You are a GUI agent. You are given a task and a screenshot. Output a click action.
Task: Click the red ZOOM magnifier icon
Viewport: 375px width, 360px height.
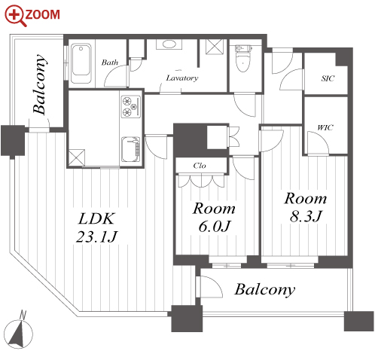pyautogui.click(x=16, y=16)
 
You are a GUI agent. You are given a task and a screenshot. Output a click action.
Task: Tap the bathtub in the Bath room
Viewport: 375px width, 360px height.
pyautogui.click(x=81, y=64)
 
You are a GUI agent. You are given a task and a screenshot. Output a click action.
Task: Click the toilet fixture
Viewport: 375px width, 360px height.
pyautogui.click(x=242, y=59)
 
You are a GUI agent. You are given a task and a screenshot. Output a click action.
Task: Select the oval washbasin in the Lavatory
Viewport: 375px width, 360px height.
pyautogui.click(x=169, y=44)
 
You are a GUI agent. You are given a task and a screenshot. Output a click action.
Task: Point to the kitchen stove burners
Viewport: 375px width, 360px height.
pyautogui.click(x=131, y=106)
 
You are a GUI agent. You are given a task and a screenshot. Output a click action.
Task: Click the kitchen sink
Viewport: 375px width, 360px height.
pyautogui.click(x=130, y=149)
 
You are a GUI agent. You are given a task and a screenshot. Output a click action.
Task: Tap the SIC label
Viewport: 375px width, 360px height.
pyautogui.click(x=328, y=78)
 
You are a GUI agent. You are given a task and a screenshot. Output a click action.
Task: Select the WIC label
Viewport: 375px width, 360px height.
pyautogui.click(x=325, y=127)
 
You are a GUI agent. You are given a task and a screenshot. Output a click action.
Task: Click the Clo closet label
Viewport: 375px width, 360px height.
pyautogui.click(x=200, y=166)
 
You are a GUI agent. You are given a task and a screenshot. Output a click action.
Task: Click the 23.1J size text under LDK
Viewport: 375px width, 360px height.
pyautogui.click(x=96, y=236)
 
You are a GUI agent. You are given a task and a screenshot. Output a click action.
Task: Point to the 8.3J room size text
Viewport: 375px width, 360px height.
pyautogui.click(x=306, y=216)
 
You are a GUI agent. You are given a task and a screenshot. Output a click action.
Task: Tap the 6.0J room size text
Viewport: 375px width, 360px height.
pyautogui.click(x=215, y=226)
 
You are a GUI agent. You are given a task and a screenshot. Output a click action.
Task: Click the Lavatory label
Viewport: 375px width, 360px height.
pyautogui.click(x=182, y=78)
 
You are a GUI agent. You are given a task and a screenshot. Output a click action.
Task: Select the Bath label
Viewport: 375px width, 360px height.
pyautogui.click(x=110, y=63)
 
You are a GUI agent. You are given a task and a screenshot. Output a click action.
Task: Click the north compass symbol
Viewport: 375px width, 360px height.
pyautogui.click(x=19, y=331)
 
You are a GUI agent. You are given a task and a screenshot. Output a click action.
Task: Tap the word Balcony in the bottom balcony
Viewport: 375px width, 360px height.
pyautogui.click(x=265, y=290)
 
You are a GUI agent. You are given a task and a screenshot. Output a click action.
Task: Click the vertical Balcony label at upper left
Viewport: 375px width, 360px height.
pyautogui.click(x=40, y=84)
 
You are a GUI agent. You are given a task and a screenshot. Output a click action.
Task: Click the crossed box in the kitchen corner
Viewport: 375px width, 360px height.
pyautogui.click(x=77, y=157)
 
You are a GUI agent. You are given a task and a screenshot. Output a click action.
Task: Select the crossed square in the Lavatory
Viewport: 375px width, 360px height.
pyautogui.click(x=214, y=47)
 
